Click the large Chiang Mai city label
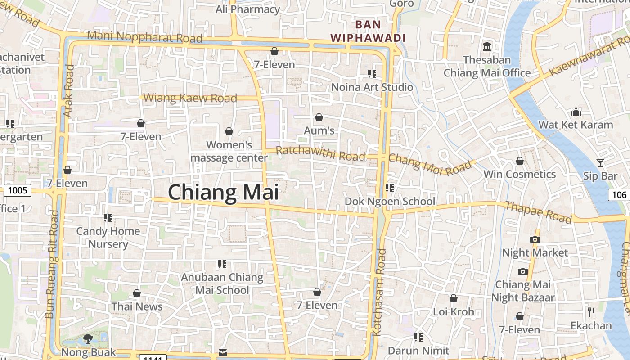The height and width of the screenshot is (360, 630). click(223, 193)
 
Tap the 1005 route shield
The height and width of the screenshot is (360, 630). click(18, 190)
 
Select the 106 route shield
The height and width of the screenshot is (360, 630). click(620, 195)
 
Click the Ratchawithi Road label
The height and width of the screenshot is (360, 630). click(320, 153)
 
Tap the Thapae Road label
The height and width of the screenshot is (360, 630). click(538, 212)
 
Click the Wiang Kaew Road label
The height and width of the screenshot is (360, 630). click(190, 98)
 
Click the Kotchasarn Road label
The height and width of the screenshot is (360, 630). click(379, 292)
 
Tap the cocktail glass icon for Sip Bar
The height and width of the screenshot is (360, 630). click(600, 162)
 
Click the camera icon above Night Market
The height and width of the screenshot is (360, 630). click(535, 239)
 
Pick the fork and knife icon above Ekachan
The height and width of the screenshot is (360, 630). click(591, 312)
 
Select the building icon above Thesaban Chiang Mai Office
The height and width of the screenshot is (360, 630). click(486, 46)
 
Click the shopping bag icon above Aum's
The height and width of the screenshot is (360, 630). click(319, 117)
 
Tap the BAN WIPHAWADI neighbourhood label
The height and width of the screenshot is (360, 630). click(368, 31)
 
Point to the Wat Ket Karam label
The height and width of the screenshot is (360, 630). click(576, 125)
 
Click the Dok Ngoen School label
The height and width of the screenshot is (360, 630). click(390, 201)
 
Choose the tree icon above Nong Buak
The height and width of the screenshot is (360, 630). click(88, 339)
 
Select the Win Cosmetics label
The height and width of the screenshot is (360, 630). click(519, 174)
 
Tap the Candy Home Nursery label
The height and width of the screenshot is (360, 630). click(108, 238)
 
